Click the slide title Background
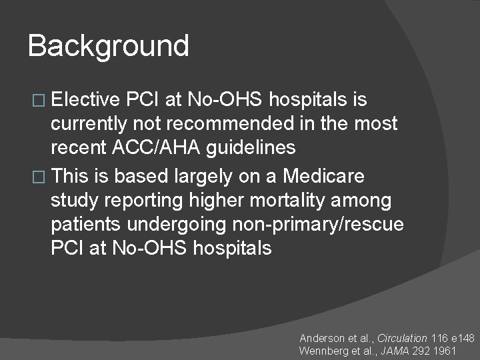pos(109,46)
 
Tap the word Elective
pos(85,100)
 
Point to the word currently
pos(93,125)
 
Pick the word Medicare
pos(324,176)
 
